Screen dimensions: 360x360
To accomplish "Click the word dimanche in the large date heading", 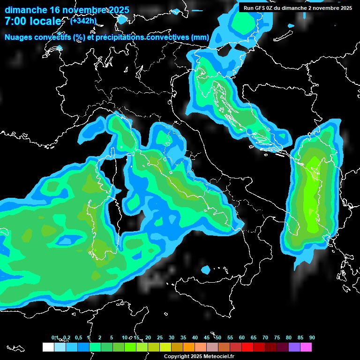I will [x=26, y=10].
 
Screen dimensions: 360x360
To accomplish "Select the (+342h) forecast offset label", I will [x=83, y=21].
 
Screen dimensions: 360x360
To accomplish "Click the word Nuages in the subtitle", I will [x=18, y=37].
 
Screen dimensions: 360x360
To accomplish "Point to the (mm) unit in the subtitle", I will [x=200, y=37].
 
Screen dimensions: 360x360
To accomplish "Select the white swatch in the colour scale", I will [x=48, y=347].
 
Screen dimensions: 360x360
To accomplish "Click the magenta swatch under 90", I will [x=306, y=347].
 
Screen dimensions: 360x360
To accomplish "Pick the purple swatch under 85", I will [x=294, y=347].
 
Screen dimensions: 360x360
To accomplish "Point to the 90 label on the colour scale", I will [x=312, y=337].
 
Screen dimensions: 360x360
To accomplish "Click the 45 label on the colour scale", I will [x=207, y=337].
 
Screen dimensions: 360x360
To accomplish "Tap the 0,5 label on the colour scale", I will [x=78, y=337].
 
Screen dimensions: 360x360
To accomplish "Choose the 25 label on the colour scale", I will [x=160, y=337].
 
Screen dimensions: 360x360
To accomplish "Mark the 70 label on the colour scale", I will [x=265, y=337].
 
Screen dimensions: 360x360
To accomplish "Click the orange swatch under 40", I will [x=189, y=347].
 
